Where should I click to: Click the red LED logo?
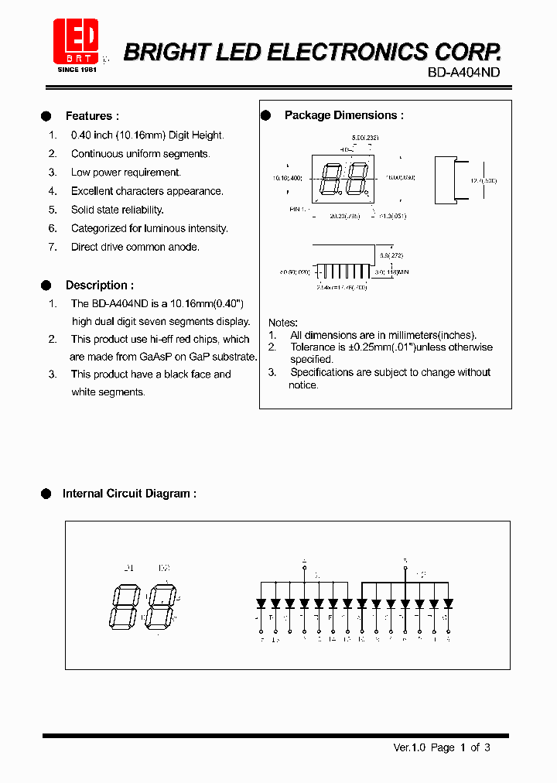(75, 41)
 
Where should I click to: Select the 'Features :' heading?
(92, 116)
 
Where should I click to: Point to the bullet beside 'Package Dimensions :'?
(265, 115)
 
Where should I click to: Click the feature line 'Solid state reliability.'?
(118, 210)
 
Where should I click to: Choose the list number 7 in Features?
(53, 247)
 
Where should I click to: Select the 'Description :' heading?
(99, 285)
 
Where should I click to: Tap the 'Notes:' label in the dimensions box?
(283, 322)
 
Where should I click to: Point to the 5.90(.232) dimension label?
(364, 137)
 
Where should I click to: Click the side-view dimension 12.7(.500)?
(484, 180)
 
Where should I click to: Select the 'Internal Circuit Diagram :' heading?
(129, 494)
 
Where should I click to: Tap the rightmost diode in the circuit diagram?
(448, 603)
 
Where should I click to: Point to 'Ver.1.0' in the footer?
(408, 747)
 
